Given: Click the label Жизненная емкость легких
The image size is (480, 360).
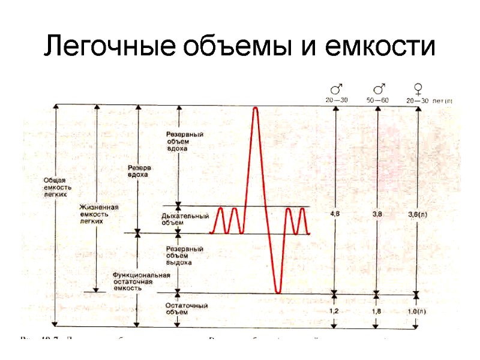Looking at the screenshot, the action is (99, 214).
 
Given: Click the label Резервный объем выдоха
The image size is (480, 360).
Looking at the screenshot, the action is (183, 255).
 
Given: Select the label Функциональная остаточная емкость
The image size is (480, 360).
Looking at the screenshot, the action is (142, 281).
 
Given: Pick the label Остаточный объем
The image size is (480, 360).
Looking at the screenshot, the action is (187, 308).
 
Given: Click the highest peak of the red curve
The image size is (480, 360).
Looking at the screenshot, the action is (256, 108).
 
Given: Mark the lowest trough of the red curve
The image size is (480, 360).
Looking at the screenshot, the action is (277, 292).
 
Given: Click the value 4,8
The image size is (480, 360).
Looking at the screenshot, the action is (336, 214).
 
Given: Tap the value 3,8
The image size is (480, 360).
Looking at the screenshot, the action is (377, 214).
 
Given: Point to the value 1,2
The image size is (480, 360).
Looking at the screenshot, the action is (336, 311).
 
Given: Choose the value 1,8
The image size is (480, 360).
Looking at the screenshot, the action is (377, 311).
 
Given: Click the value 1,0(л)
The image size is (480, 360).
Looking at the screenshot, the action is (417, 311).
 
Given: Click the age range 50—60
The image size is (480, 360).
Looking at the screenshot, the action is (376, 100).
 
